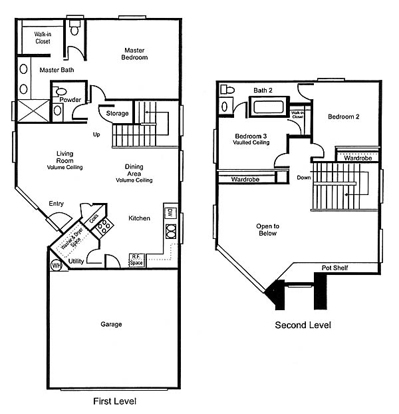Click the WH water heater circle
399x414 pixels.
(56, 265)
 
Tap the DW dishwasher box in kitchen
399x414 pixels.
(170, 213)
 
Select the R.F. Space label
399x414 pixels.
(136, 260)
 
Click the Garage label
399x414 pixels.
(111, 324)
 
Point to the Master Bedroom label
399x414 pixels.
(134, 54)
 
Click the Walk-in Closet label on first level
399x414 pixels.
(43, 38)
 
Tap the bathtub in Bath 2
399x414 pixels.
(269, 106)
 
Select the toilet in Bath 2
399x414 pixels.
(227, 89)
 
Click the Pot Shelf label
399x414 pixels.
(334, 268)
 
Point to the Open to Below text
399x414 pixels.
(268, 230)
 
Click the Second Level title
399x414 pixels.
(303, 325)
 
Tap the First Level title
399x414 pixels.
(115, 401)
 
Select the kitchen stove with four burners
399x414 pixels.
(104, 226)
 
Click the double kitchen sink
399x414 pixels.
(171, 232)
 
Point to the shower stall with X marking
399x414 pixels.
(33, 110)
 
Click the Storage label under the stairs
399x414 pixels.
(117, 113)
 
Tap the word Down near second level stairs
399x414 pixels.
(304, 178)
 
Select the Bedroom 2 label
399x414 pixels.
(344, 116)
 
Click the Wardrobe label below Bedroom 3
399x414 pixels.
(245, 179)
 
